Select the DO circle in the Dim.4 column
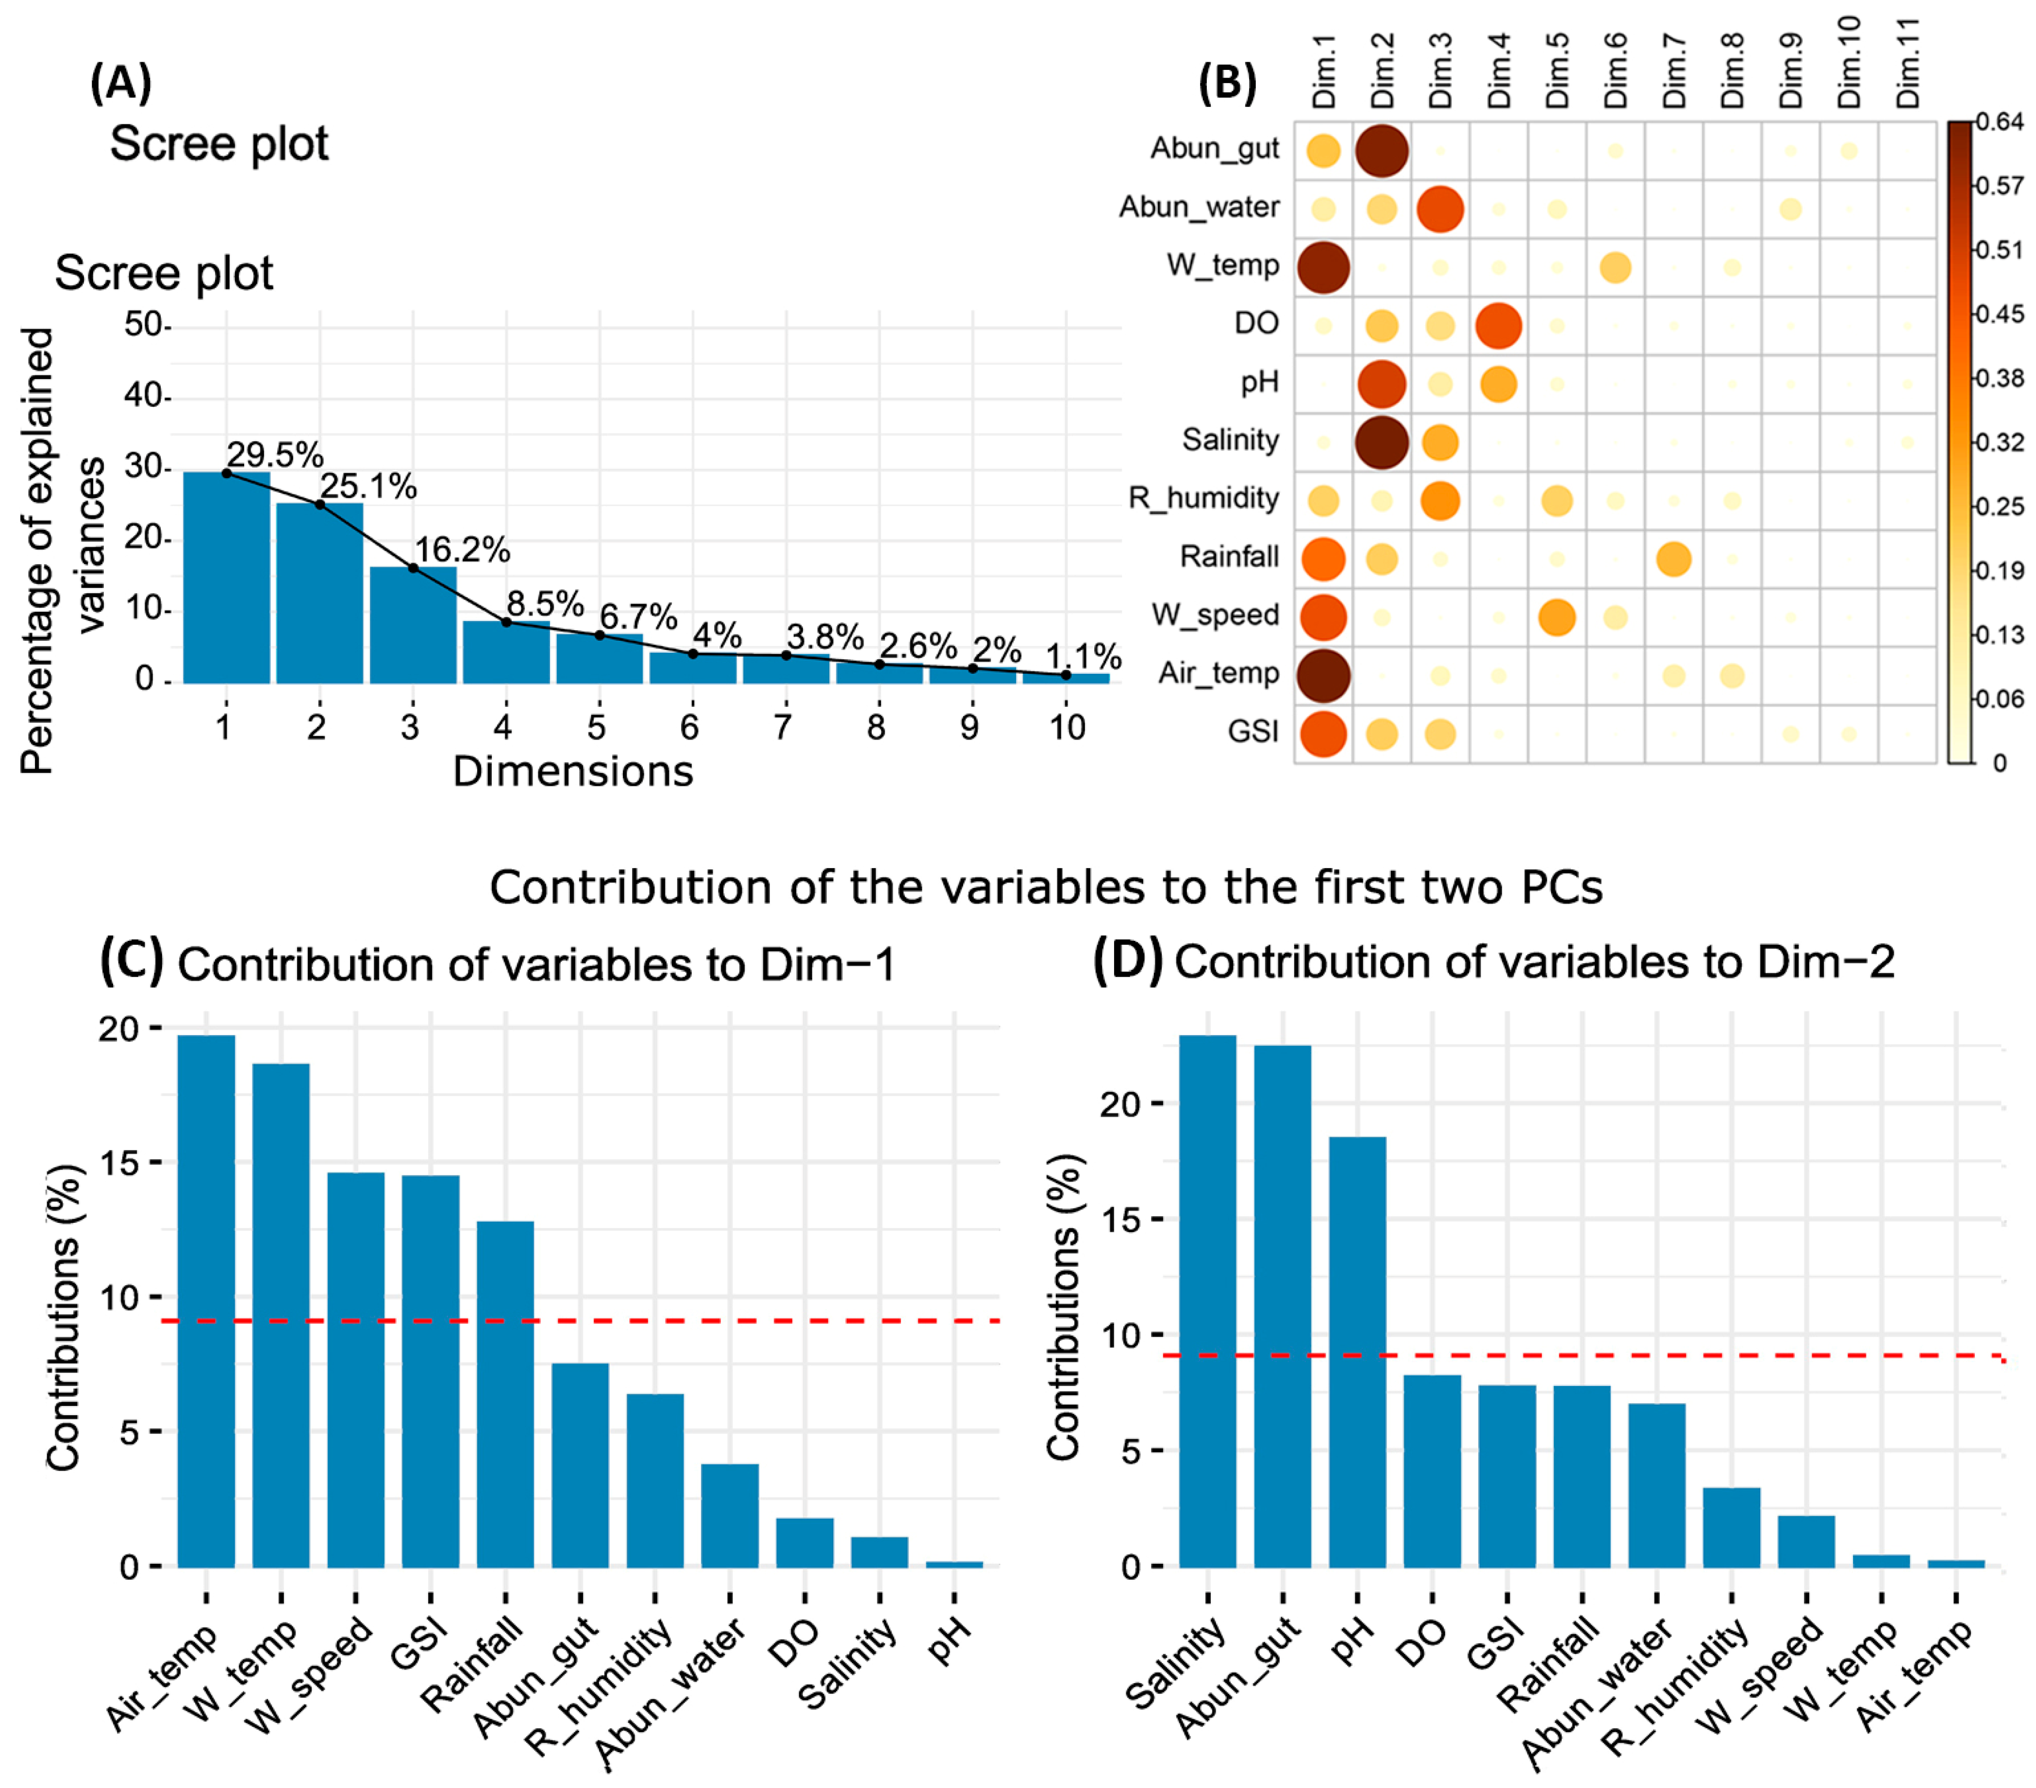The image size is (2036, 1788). (x=1498, y=326)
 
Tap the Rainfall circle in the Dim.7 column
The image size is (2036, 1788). (x=1673, y=559)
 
